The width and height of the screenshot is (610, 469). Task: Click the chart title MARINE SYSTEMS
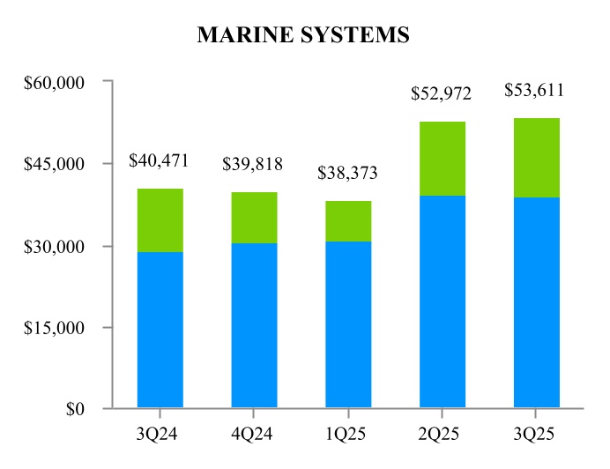(x=303, y=34)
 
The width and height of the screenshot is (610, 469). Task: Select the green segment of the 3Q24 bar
(x=160, y=220)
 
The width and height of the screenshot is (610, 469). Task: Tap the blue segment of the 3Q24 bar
(x=160, y=330)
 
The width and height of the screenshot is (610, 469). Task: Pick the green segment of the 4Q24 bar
(x=254, y=218)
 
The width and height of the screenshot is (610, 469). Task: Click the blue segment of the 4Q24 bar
(x=254, y=325)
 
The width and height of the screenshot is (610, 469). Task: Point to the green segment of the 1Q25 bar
(x=348, y=221)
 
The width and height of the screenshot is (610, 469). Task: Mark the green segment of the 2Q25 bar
(x=443, y=159)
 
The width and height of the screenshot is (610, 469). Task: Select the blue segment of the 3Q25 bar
(x=536, y=302)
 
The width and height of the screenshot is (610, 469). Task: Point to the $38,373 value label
(x=347, y=174)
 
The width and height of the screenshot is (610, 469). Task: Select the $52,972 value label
(x=442, y=94)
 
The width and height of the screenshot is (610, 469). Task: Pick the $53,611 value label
(x=534, y=91)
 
